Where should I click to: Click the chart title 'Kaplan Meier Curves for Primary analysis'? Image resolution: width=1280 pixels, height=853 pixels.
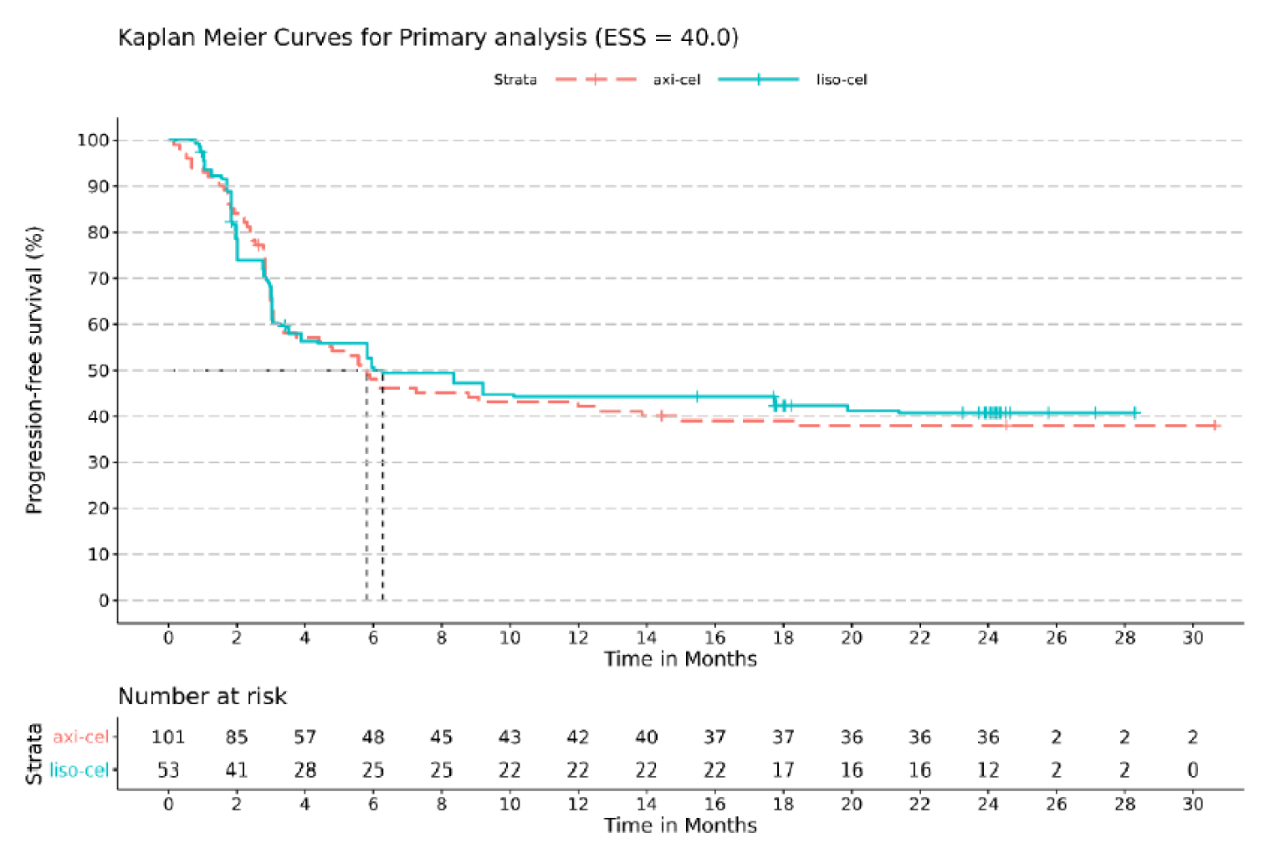tap(427, 38)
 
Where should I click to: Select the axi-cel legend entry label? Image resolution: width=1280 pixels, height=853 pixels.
tap(676, 79)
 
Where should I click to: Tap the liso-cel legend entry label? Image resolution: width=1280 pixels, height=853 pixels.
tap(841, 79)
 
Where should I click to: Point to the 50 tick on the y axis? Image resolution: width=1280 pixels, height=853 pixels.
tap(99, 370)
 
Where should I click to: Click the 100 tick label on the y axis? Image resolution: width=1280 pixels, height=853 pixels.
tap(93, 140)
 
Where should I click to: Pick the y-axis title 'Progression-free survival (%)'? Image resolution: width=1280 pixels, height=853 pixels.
tap(33, 370)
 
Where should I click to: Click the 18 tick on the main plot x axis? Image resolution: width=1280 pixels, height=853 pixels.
tap(783, 637)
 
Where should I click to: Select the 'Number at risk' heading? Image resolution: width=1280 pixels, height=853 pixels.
tap(202, 697)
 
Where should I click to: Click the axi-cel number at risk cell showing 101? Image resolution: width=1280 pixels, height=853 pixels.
tap(168, 737)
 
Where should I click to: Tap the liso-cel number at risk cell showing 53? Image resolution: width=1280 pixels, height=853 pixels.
tap(168, 770)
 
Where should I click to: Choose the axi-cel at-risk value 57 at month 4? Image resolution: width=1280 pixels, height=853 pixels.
tap(305, 737)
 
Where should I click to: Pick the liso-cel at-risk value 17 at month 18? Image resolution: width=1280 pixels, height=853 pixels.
tap(783, 770)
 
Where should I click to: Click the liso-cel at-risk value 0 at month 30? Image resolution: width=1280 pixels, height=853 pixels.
tap(1193, 770)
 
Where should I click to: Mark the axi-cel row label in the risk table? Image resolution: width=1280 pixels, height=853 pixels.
tap(81, 737)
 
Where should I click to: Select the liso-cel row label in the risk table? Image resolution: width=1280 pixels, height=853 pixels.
tap(79, 770)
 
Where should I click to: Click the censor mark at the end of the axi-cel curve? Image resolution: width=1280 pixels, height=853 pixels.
tap(1214, 426)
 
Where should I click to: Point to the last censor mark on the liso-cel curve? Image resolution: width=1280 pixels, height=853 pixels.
tap(1135, 412)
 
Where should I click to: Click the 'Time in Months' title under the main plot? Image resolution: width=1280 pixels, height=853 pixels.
tap(680, 659)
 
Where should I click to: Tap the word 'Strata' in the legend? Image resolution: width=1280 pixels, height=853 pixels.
tap(515, 79)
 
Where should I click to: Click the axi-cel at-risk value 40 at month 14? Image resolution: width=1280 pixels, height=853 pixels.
tap(646, 737)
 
